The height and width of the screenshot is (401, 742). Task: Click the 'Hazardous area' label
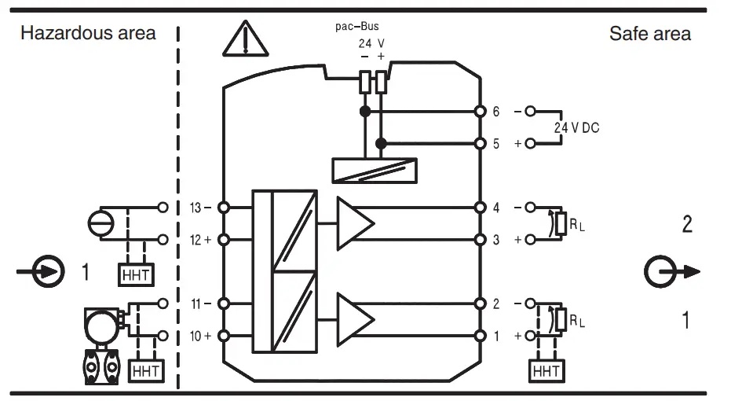pyautogui.click(x=88, y=33)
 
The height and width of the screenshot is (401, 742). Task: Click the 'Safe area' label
pyautogui.click(x=649, y=33)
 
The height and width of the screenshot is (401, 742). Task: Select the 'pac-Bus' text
pyautogui.click(x=357, y=26)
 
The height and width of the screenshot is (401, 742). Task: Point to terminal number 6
pyautogui.click(x=495, y=112)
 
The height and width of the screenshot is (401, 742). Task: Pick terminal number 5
pyautogui.click(x=495, y=144)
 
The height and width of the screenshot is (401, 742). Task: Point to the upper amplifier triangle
pyautogui.click(x=355, y=217)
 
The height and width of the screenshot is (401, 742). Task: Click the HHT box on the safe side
pyautogui.click(x=546, y=370)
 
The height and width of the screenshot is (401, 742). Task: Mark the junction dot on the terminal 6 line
pyautogui.click(x=364, y=112)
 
